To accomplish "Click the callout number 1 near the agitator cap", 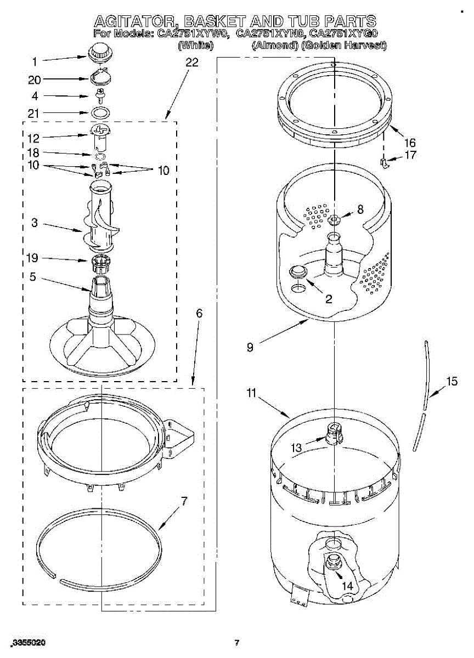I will pos(35,61).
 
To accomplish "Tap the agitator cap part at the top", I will pos(99,53).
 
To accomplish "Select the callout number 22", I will pos(191,63).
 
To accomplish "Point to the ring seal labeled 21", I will pos(100,113).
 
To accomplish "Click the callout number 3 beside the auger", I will pos(35,224).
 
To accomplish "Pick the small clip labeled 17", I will pos(385,162).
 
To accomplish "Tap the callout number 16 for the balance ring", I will pos(410,141).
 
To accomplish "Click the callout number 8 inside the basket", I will pos(360,209).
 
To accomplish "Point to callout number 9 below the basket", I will pos(250,348).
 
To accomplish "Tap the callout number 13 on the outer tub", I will pos(296,448).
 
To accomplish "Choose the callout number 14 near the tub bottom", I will pos(347,586).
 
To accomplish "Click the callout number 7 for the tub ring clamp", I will pos(184,501).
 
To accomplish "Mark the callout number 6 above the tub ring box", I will pos(199,313).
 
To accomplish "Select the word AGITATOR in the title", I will pos(135,22).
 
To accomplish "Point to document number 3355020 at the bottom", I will pos(28,642).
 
